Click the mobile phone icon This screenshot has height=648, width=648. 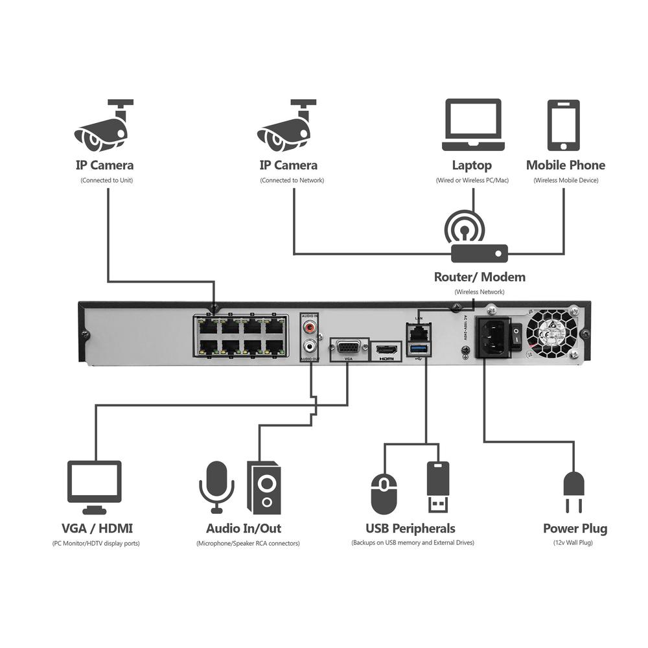click(562, 125)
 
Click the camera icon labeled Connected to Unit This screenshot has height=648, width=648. click(104, 127)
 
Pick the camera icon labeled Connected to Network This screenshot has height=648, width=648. click(286, 127)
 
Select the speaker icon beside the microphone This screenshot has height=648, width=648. click(264, 486)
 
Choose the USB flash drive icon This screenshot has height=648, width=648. click(438, 486)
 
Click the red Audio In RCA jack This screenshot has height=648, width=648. click(310, 327)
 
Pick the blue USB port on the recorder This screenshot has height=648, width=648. click(419, 351)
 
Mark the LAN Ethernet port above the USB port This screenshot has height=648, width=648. click(419, 332)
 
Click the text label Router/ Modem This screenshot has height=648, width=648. click(480, 277)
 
